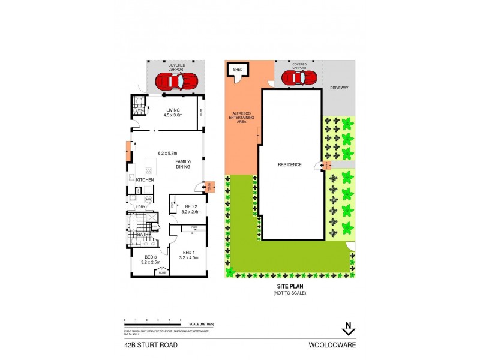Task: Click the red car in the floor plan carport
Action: [x=176, y=80]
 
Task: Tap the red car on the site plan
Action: [x=299, y=78]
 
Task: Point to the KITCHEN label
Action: [x=145, y=180]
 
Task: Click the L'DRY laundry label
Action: [x=141, y=207]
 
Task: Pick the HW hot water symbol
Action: [x=148, y=199]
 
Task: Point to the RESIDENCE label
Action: [x=289, y=164]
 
